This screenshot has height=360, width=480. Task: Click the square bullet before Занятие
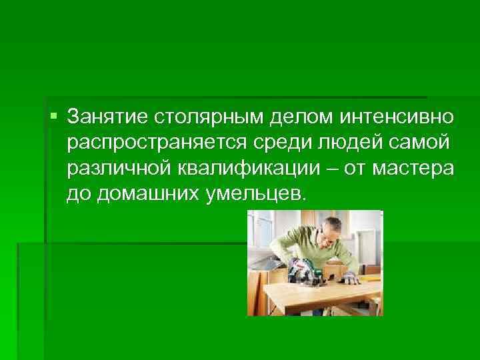[x=54, y=117]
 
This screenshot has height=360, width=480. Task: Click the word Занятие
[x=109, y=118]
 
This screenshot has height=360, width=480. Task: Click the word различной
[x=117, y=169]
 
